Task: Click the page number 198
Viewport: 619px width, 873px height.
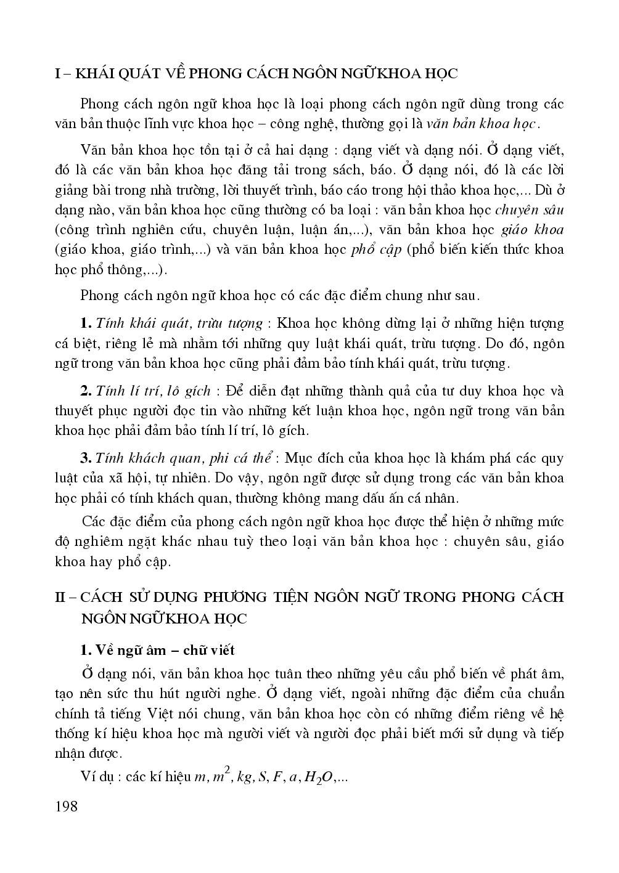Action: click(66, 806)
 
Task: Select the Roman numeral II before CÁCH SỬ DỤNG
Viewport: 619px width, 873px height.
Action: click(60, 597)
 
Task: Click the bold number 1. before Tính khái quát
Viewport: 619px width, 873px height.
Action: click(86, 323)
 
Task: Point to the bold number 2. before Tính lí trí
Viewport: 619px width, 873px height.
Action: click(86, 391)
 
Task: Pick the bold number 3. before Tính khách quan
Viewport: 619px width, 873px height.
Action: click(86, 458)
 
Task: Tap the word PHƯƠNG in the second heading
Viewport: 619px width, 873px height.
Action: click(244, 597)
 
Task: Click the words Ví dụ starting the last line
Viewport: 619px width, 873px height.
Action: click(96, 777)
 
